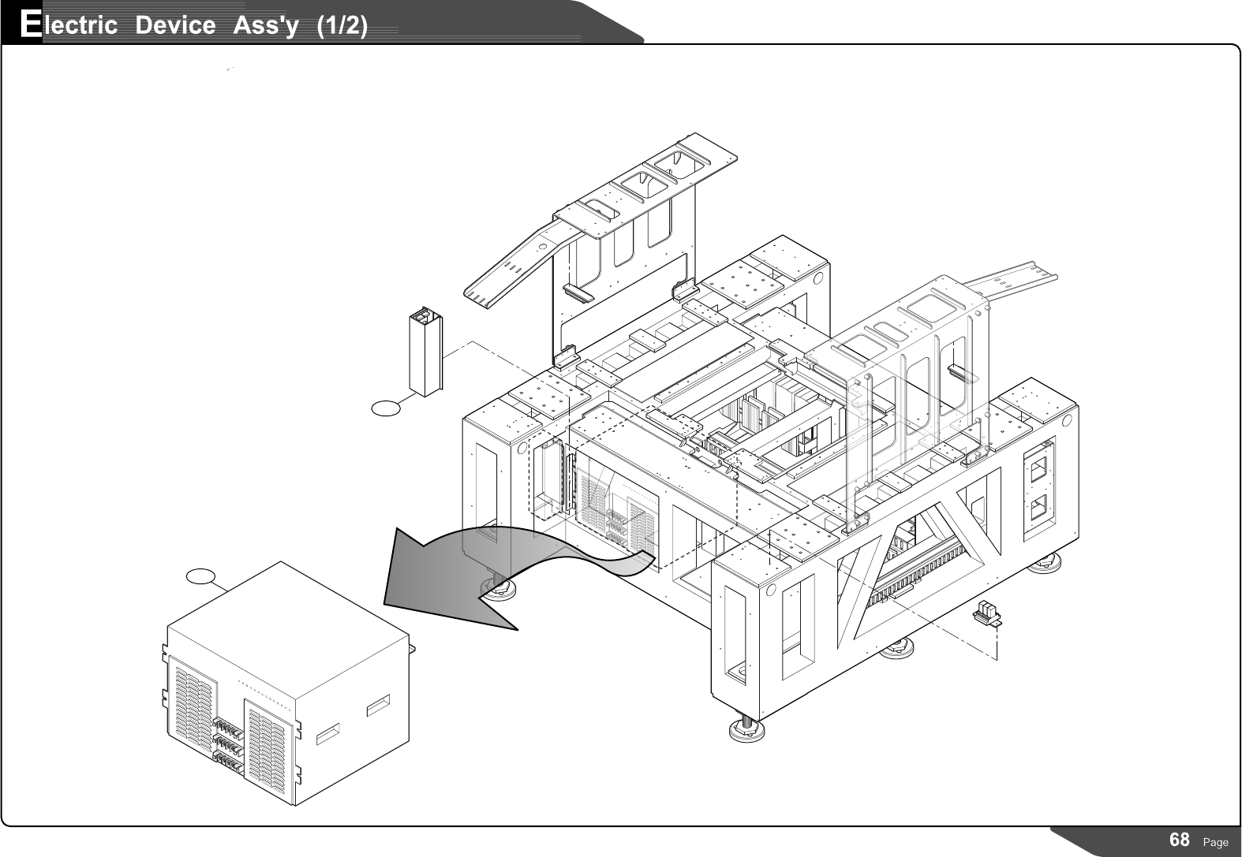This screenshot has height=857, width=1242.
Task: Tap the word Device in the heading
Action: tap(174, 25)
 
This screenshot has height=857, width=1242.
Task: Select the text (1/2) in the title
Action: tap(341, 25)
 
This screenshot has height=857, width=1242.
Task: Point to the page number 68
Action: tap(1179, 840)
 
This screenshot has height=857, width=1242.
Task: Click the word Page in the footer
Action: tap(1215, 842)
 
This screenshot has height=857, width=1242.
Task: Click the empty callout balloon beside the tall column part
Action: tap(386, 407)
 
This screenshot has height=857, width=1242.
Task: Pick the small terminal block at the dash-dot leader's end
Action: tap(986, 613)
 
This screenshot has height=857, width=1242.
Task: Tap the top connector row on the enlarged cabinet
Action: tap(227, 726)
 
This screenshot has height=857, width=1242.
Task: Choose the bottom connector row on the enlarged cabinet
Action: tap(227, 761)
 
